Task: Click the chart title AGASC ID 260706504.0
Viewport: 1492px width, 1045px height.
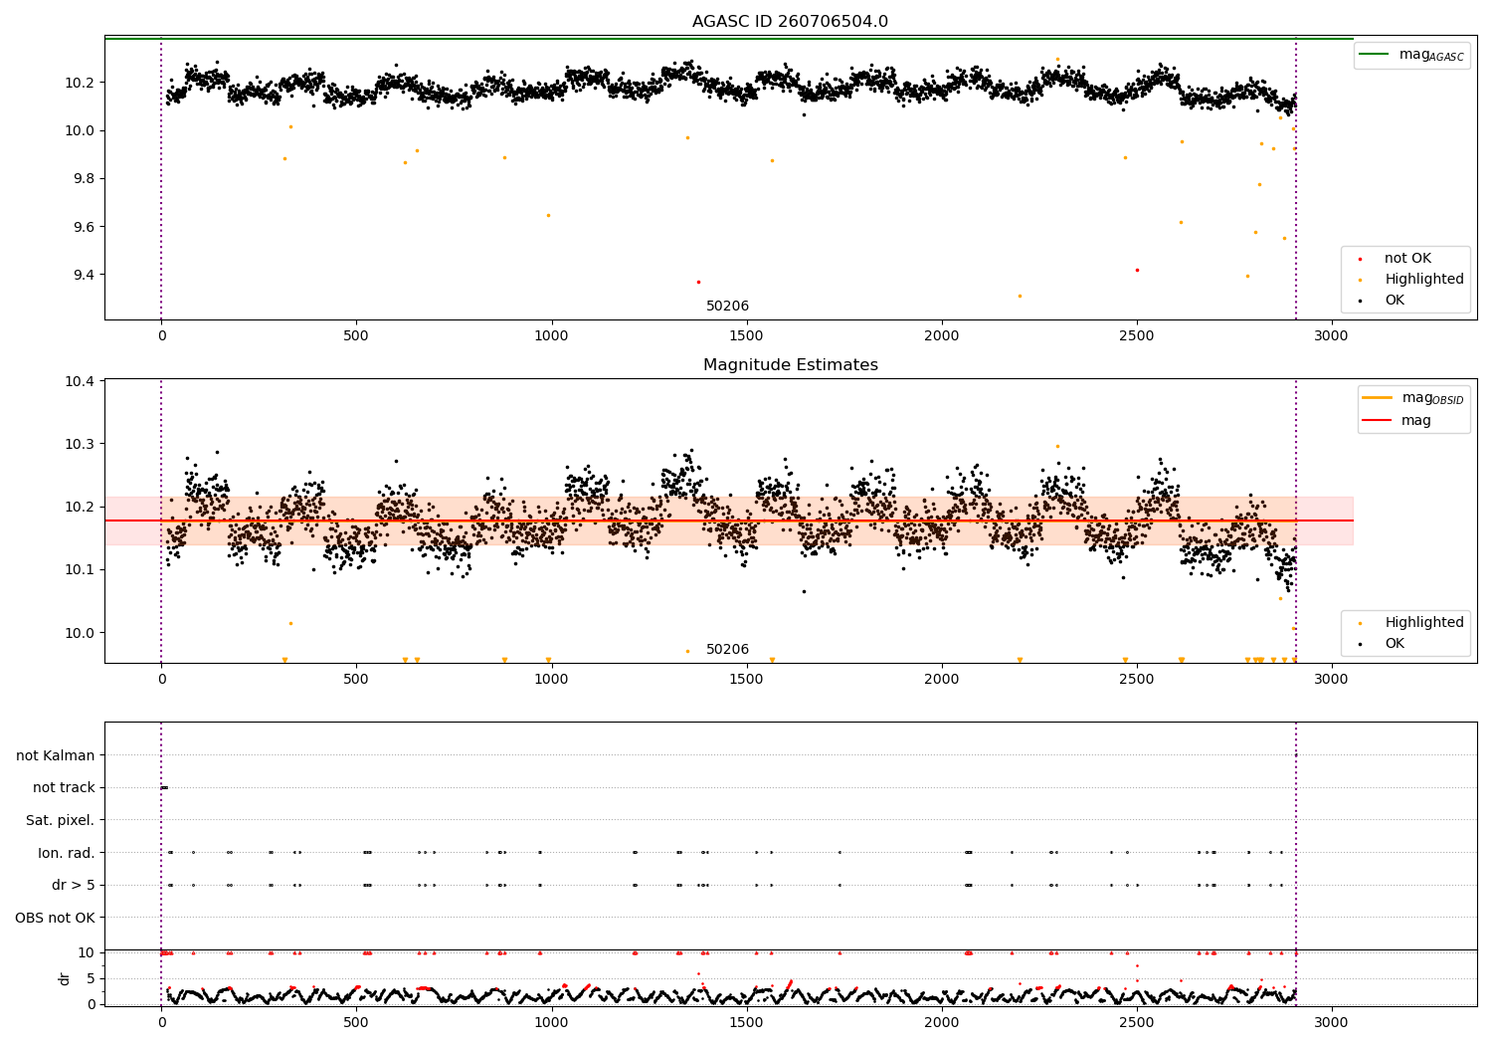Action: (790, 22)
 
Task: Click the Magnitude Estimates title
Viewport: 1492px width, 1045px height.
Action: (790, 365)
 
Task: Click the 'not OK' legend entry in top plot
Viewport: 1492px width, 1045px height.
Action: (1407, 259)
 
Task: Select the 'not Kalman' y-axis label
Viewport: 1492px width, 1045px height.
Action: (56, 755)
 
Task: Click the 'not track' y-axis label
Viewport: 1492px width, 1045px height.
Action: (64, 787)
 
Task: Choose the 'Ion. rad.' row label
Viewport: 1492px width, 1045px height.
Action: (67, 853)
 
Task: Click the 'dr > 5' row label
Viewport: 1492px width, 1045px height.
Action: (74, 885)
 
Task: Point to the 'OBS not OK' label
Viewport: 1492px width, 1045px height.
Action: (56, 918)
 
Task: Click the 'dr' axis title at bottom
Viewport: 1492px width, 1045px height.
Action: (65, 978)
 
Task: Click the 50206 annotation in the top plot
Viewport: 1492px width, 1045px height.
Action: (727, 307)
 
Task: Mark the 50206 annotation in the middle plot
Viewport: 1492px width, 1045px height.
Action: (727, 650)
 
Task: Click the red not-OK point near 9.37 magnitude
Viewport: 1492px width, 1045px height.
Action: (698, 282)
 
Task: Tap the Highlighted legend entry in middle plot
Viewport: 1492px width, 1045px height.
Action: (1423, 623)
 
